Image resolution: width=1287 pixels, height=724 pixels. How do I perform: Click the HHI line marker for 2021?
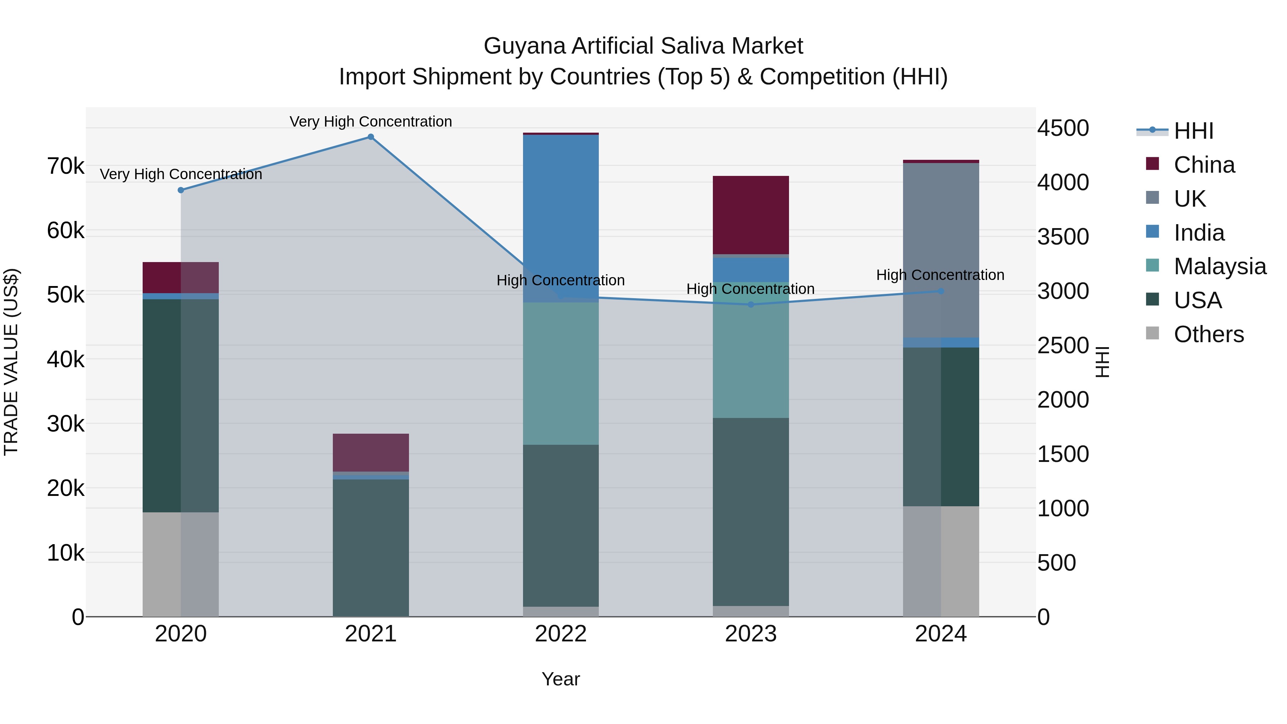pyautogui.click(x=371, y=137)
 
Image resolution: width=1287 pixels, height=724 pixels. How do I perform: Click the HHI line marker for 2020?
pyautogui.click(x=181, y=190)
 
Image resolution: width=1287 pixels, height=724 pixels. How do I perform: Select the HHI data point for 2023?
pyautogui.click(x=750, y=305)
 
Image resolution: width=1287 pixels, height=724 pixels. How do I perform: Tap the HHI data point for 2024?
pyautogui.click(x=941, y=291)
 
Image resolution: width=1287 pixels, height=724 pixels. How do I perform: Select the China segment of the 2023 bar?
pyautogui.click(x=750, y=215)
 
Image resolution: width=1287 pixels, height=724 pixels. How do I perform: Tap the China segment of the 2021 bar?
pyautogui.click(x=371, y=452)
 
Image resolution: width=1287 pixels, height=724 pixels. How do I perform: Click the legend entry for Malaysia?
pyautogui.click(x=1219, y=266)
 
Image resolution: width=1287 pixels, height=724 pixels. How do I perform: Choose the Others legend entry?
pyautogui.click(x=1208, y=334)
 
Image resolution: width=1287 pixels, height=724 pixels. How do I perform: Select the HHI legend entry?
pyautogui.click(x=1193, y=131)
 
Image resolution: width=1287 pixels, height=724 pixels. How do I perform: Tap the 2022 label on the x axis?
pyautogui.click(x=561, y=634)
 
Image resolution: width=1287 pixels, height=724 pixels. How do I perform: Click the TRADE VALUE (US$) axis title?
pyautogui.click(x=11, y=362)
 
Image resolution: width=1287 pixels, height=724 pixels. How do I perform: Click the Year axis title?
pyautogui.click(x=561, y=679)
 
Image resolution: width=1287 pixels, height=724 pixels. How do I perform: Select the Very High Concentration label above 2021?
pyautogui.click(x=371, y=122)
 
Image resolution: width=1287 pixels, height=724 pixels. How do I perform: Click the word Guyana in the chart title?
pyautogui.click(x=524, y=46)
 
